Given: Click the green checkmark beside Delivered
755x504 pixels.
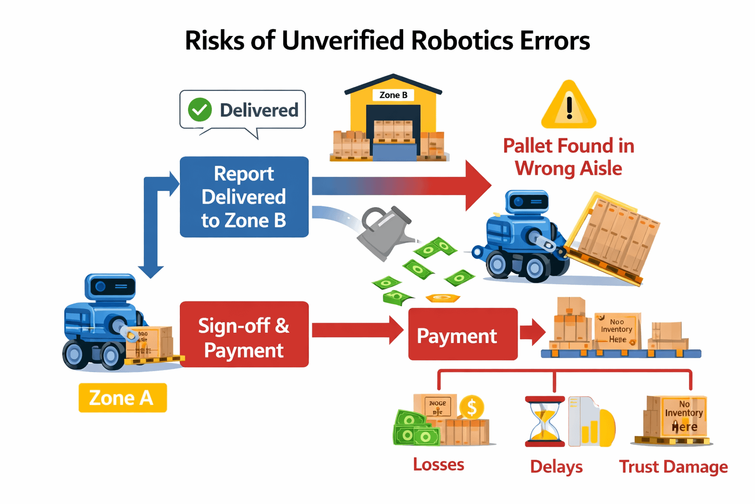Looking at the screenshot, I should (200, 110).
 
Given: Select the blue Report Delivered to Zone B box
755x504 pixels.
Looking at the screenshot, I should (244, 197).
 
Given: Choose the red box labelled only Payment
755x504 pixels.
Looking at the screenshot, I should (463, 335).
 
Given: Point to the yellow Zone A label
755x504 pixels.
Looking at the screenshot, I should (122, 398).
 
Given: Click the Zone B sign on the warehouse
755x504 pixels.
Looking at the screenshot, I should (393, 95).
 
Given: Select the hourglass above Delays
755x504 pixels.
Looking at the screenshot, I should (545, 421).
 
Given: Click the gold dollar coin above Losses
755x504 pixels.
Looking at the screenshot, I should (471, 407).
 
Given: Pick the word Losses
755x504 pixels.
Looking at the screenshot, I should (438, 465).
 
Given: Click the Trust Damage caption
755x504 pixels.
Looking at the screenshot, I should (673, 467).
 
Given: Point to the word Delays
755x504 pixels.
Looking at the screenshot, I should (556, 467).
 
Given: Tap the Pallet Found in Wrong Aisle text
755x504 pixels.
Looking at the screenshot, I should (569, 157).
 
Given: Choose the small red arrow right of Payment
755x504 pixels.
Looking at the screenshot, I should (532, 332).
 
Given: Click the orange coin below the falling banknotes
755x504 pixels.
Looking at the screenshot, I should (442, 298).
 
